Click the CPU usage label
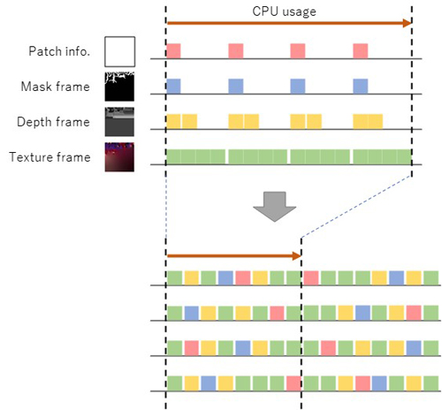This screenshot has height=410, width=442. (284, 11)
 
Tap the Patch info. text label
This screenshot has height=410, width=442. (59, 51)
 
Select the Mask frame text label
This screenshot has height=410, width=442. (56, 87)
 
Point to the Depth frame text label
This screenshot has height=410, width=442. (53, 122)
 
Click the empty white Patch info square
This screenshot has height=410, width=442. (119, 51)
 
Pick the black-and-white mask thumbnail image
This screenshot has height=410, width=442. (119, 87)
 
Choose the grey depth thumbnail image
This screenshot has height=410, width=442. (119, 122)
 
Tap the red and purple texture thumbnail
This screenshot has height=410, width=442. (119, 157)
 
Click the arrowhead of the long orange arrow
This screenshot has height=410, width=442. (408, 23)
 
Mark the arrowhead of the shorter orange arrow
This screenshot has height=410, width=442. (297, 255)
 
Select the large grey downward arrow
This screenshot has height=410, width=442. (275, 207)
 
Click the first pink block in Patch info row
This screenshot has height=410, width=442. (173, 51)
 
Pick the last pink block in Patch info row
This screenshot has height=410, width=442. (361, 51)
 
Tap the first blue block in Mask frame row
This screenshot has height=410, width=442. (173, 87)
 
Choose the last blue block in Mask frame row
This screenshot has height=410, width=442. (361, 87)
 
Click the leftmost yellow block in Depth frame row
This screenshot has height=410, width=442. (173, 121)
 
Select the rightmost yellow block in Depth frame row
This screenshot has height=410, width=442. (376, 121)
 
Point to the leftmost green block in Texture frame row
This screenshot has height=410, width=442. (173, 156)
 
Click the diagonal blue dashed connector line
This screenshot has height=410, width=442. (356, 207)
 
